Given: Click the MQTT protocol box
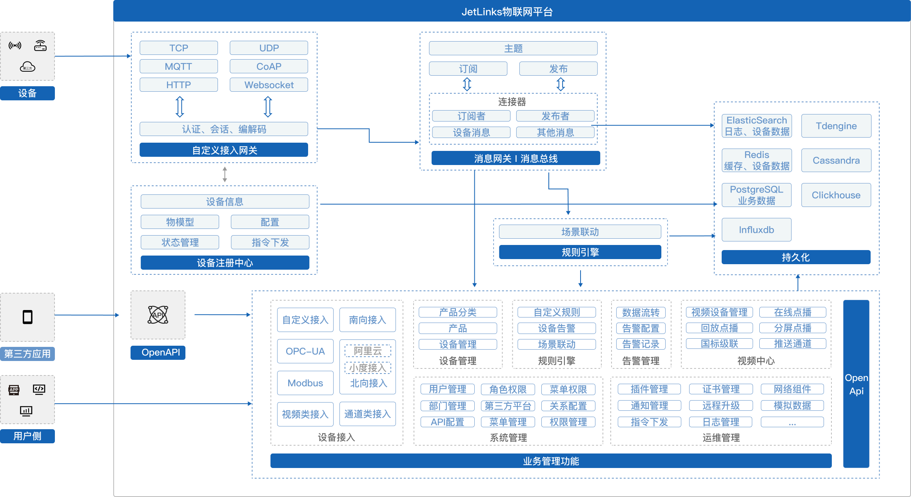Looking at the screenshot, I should click(x=178, y=66).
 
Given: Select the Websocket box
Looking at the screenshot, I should click(x=269, y=85).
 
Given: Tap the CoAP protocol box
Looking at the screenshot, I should click(x=269, y=66).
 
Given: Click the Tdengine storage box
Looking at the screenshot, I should click(x=836, y=126).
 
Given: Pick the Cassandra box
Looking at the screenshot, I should click(x=836, y=160).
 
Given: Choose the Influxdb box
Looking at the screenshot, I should click(x=756, y=230).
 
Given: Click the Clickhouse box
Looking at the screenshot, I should click(x=836, y=195).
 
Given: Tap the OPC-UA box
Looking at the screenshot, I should click(x=305, y=351).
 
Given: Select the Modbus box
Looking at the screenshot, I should click(x=305, y=383).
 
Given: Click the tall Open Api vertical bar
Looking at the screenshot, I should click(x=856, y=384).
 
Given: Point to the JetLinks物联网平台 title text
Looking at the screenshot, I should click(x=507, y=12).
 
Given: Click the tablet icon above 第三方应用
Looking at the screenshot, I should click(x=27, y=317).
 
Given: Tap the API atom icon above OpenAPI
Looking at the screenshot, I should click(x=158, y=315).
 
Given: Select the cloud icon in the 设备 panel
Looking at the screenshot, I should click(x=27, y=67).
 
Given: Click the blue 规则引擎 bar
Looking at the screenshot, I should click(x=580, y=252).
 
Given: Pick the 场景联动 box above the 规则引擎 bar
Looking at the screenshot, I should click(x=580, y=232).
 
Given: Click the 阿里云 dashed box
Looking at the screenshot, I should click(x=368, y=351).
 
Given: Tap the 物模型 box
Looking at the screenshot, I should click(x=180, y=222).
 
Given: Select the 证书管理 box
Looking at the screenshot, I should click(x=720, y=389).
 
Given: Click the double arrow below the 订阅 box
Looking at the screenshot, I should click(x=467, y=84).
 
